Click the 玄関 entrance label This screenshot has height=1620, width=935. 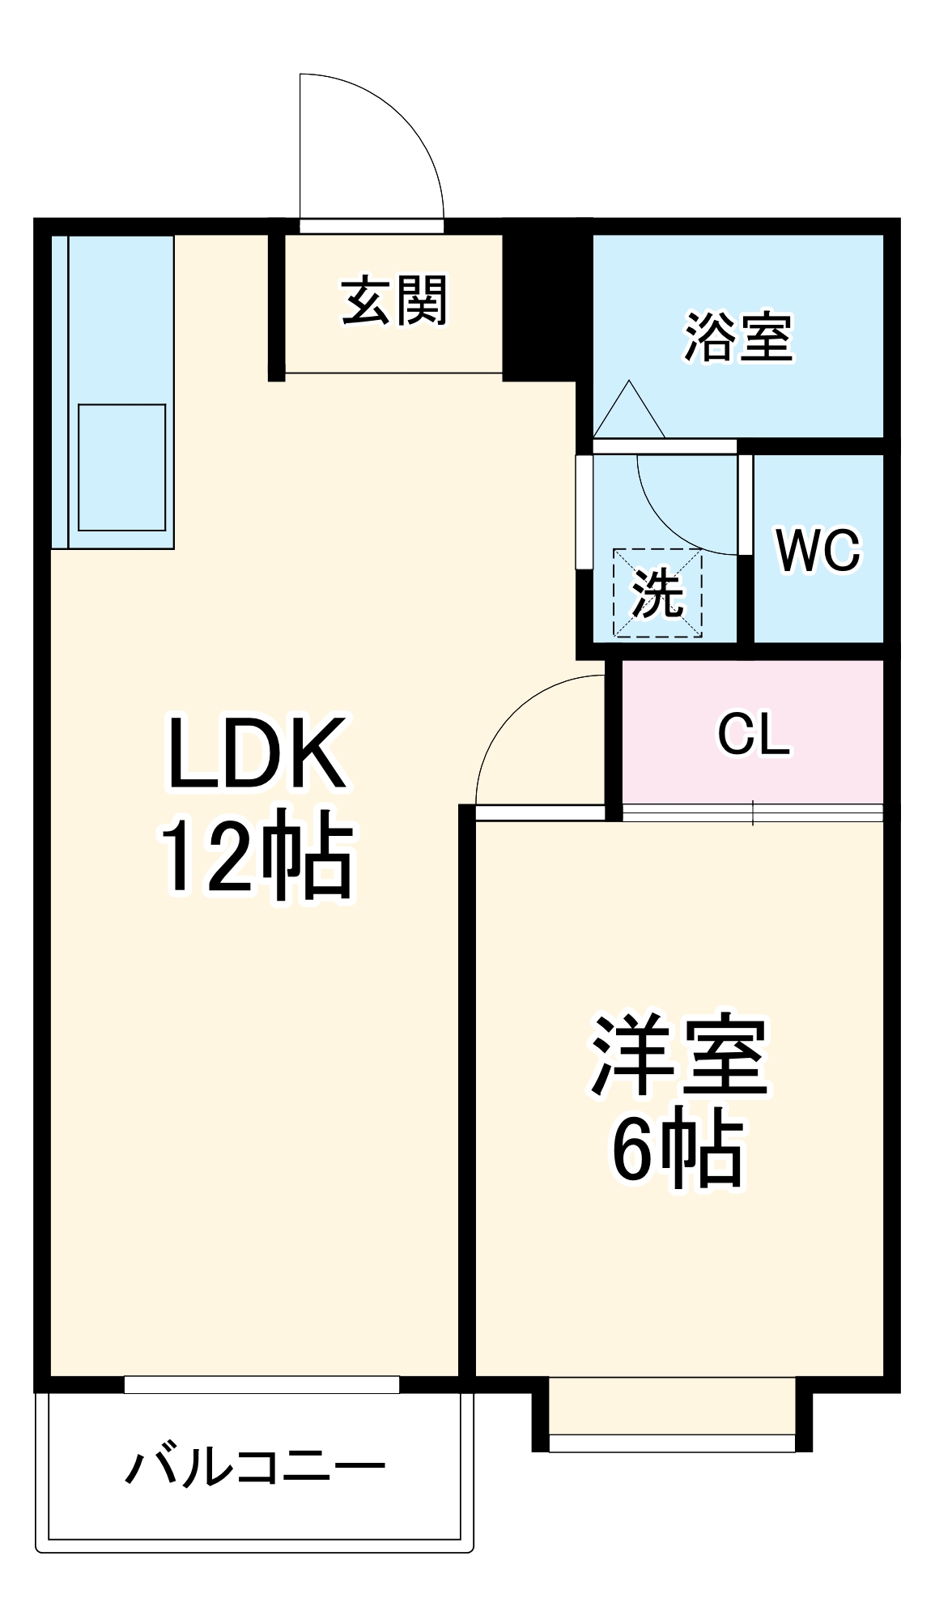point(394,301)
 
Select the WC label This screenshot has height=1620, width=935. point(818,550)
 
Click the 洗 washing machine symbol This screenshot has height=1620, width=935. point(657,593)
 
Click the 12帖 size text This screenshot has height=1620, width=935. point(257,856)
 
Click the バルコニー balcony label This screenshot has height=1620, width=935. point(255,1468)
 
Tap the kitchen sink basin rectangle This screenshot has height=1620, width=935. point(122,467)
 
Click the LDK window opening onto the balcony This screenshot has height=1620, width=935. point(261,1384)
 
